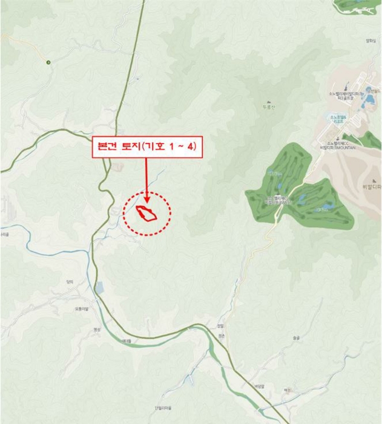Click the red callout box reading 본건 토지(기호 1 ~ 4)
pyautogui.click(x=147, y=146)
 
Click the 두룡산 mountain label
pyautogui.click(x=269, y=107)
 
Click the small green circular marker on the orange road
pyautogui.click(x=48, y=62)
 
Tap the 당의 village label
pyautogui.click(x=70, y=282)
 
